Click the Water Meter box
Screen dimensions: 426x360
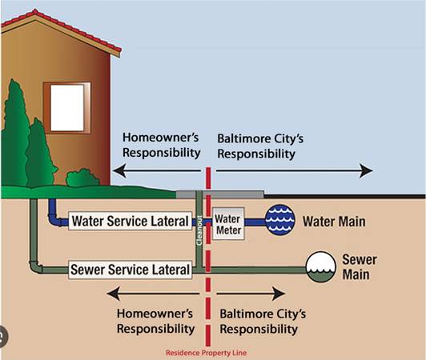[x=228, y=224]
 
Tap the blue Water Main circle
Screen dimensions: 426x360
[x=279, y=220]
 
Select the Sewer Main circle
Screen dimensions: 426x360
[x=321, y=266]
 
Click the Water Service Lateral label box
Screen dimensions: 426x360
[x=131, y=221]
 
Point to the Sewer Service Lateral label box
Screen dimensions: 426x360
[x=131, y=270]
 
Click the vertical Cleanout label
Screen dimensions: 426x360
[x=199, y=230]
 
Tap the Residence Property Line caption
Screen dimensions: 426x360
[x=207, y=353]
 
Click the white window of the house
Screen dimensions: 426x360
[x=66, y=108]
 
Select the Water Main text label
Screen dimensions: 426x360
[x=334, y=222]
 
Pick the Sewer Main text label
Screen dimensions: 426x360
[x=360, y=267]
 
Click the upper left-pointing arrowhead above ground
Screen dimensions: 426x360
[x=119, y=170]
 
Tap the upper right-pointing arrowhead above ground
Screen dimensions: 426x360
[x=366, y=170]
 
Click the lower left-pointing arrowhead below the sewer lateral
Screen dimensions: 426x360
[x=114, y=294]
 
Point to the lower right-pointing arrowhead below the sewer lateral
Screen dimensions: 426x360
[x=279, y=294]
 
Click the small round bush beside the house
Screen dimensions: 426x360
[x=82, y=178]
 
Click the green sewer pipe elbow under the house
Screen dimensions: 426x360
[x=34, y=266]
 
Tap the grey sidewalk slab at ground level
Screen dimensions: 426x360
[x=220, y=194]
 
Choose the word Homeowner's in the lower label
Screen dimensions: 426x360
[x=155, y=314]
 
